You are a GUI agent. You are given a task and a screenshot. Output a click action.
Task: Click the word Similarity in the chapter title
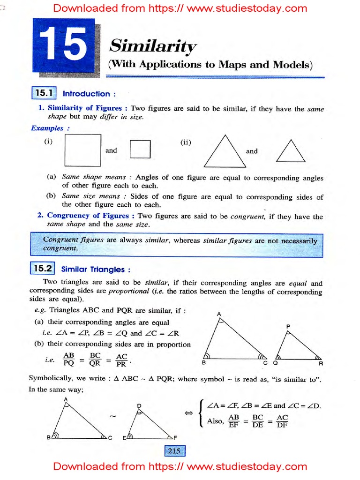click(152, 46)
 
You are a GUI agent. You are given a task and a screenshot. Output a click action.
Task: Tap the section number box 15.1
click(44, 93)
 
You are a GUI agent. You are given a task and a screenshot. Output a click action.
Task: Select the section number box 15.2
click(44, 269)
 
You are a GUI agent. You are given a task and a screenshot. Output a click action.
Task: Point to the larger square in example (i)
click(83, 150)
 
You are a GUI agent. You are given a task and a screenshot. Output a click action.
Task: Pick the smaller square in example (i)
click(140, 150)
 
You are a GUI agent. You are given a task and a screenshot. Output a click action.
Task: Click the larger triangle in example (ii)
click(225, 152)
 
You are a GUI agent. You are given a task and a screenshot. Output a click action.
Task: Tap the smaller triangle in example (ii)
click(291, 150)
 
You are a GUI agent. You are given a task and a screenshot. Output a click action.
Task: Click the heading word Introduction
click(86, 94)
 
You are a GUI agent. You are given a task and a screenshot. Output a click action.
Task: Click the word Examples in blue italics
click(47, 128)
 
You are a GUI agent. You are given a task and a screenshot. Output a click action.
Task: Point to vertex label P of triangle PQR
click(288, 325)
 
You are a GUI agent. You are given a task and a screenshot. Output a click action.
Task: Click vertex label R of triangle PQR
click(321, 363)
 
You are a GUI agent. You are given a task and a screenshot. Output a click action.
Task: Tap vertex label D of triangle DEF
click(139, 405)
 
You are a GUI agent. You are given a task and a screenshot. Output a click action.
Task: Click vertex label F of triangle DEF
click(175, 438)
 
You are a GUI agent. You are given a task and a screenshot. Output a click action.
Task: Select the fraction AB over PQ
click(69, 360)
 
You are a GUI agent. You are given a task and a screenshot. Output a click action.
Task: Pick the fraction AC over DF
click(282, 421)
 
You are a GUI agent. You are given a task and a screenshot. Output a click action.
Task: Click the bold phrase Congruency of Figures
click(88, 216)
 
